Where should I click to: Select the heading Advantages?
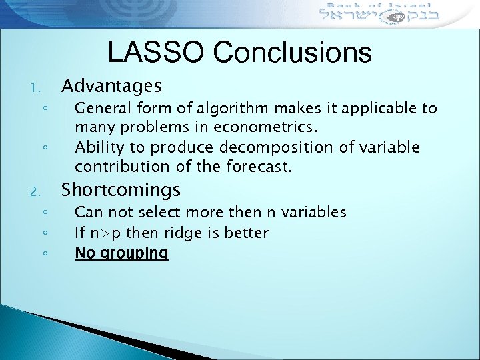pos(111,86)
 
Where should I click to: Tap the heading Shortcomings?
pos(121,190)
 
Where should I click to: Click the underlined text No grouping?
pos(121,253)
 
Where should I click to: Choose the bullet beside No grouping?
pos(43,254)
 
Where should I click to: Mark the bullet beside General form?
pos(43,109)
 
